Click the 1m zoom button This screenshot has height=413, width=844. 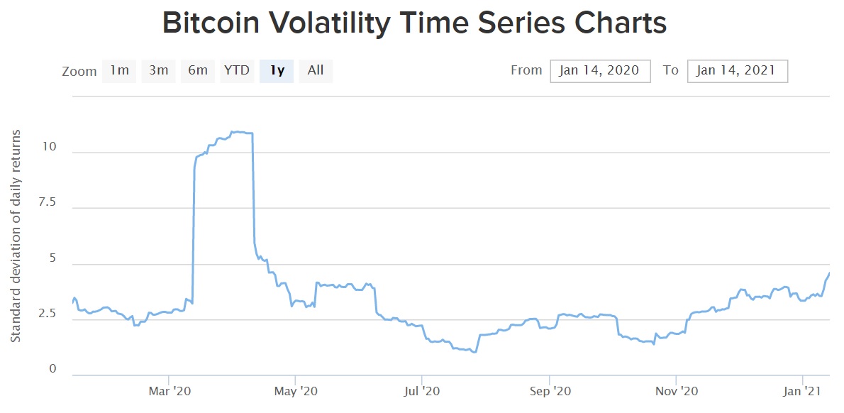coord(119,70)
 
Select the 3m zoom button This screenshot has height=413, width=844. coord(159,70)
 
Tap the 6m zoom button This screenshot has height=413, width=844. coord(198,70)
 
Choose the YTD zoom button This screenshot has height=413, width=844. coord(237,70)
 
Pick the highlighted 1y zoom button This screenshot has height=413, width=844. coord(277,70)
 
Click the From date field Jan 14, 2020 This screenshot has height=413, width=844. coord(600,71)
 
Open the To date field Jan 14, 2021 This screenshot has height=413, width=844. coord(737,71)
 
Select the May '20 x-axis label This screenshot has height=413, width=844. coord(296,391)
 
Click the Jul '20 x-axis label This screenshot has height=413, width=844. coord(422,391)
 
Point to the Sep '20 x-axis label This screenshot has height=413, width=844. coord(550,391)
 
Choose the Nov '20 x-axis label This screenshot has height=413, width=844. coord(677,391)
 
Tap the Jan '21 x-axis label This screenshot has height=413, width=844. coord(803,391)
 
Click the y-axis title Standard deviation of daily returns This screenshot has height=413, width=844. coord(16,235)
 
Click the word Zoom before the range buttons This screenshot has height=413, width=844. coord(79,72)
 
